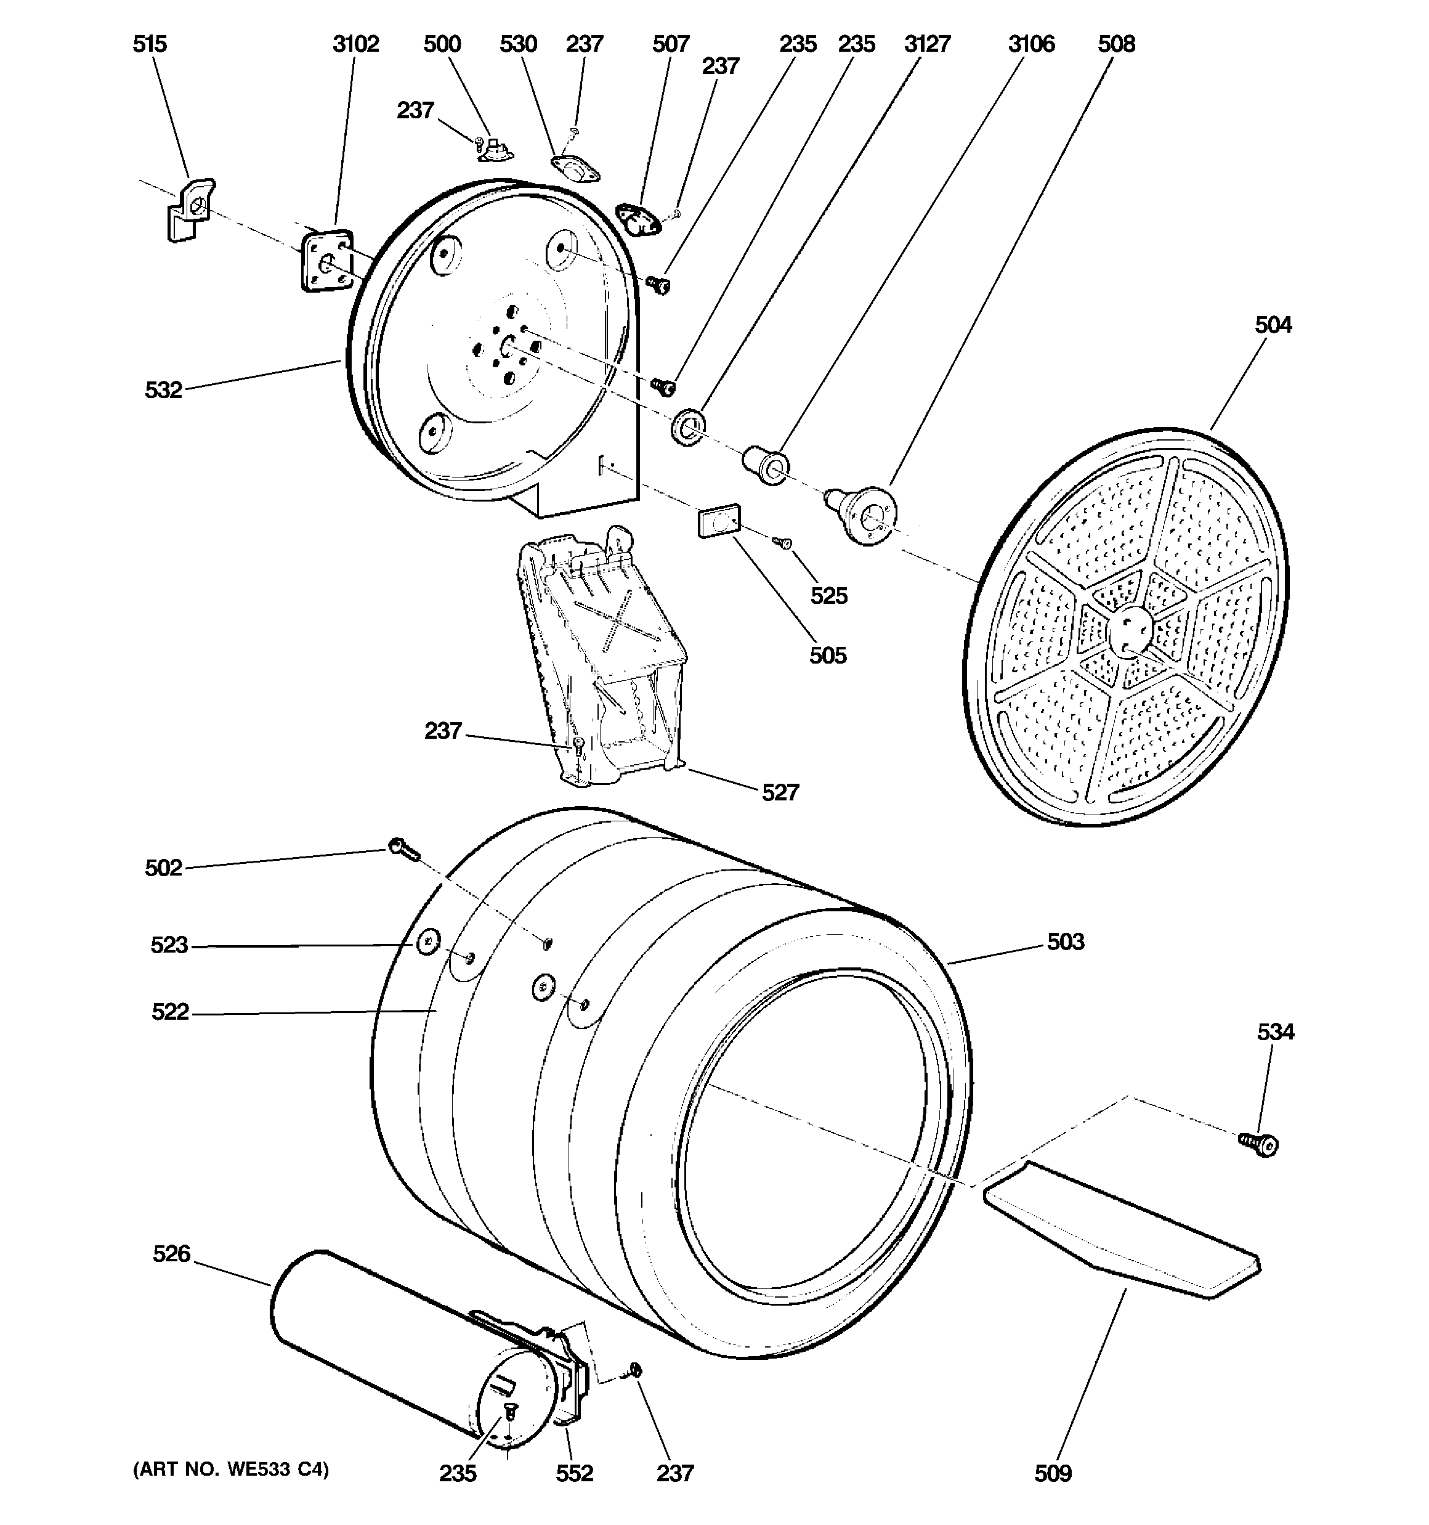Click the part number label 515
click(149, 44)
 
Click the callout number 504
click(1273, 325)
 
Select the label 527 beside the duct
click(780, 792)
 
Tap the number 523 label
click(169, 945)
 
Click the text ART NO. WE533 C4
click(231, 1469)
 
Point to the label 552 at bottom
click(575, 1473)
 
